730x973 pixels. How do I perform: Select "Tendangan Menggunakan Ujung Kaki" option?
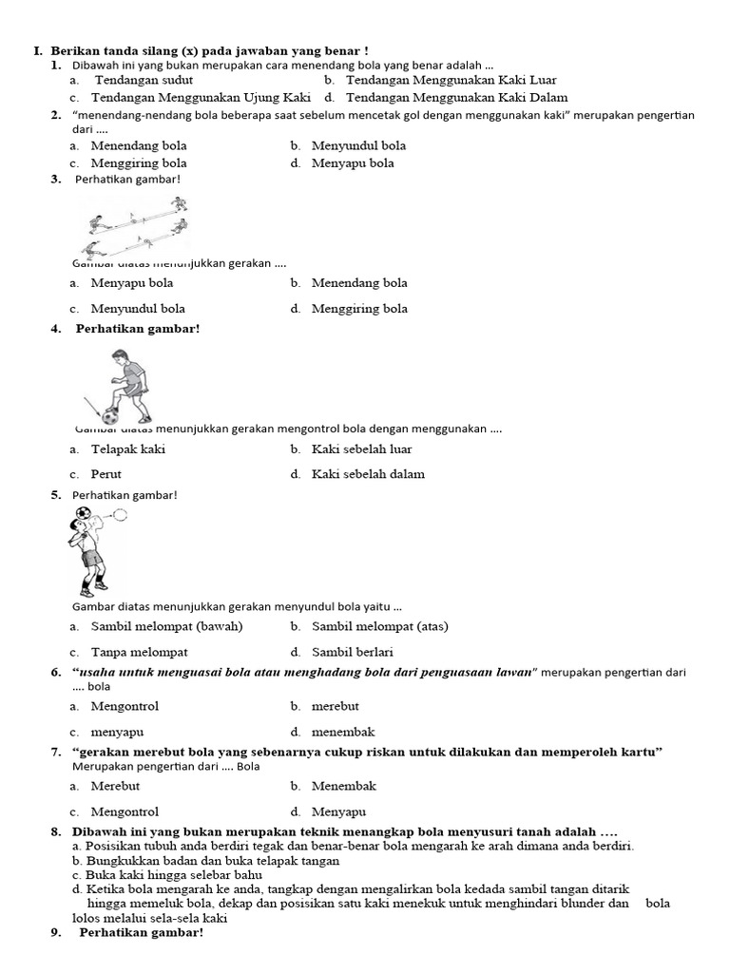[x=201, y=97]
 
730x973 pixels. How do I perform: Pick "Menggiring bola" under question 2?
[x=139, y=162]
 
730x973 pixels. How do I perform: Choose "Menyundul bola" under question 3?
[x=138, y=308]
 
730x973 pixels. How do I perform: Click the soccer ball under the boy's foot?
[x=112, y=415]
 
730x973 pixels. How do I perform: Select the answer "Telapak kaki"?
[x=127, y=448]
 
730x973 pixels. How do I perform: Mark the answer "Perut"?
[x=106, y=473]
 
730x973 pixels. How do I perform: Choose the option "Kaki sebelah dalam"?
[x=368, y=473]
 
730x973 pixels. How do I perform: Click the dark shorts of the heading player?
[x=92, y=558]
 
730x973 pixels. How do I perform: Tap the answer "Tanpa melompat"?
[x=139, y=652]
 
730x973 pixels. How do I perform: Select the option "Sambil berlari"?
[x=352, y=652]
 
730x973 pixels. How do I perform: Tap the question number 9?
[x=55, y=932]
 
